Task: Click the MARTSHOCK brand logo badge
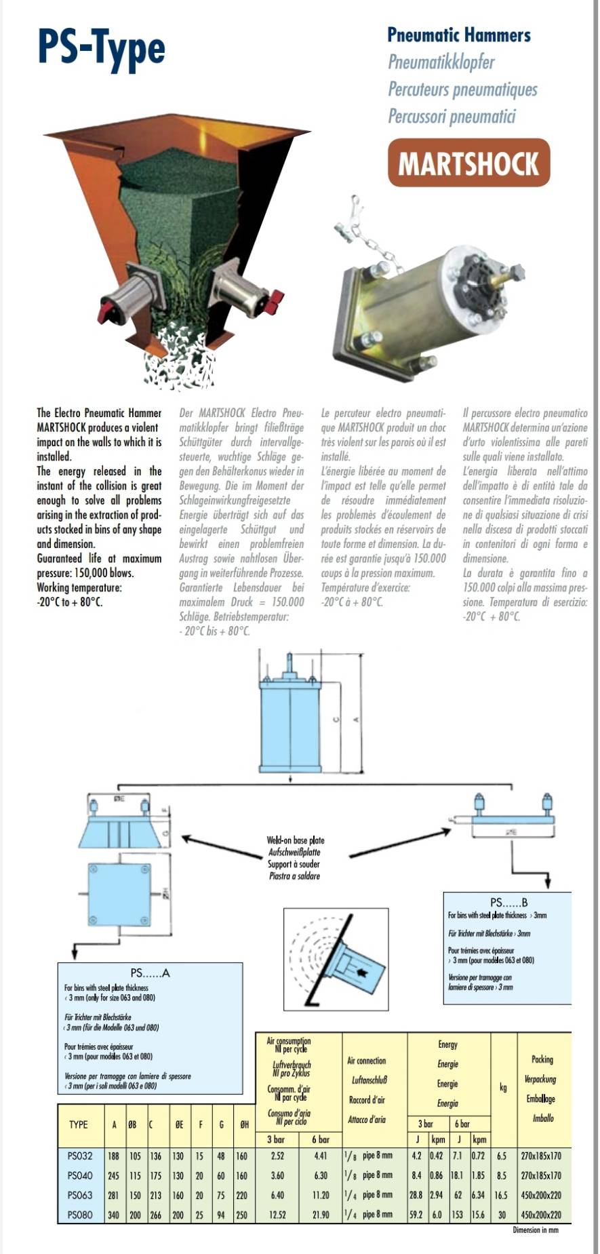tap(468, 163)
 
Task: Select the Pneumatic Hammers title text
tap(458, 35)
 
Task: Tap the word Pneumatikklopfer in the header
tap(441, 62)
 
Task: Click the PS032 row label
tap(80, 1155)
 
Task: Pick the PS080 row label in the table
tap(80, 1215)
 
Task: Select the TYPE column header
tap(79, 1124)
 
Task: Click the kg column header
tap(503, 1087)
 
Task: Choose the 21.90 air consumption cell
tap(321, 1215)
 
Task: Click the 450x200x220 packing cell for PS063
tap(542, 1195)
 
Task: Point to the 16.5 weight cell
tap(502, 1195)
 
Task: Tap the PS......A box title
tap(150, 973)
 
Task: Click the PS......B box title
tap(508, 902)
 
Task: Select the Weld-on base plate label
tap(296, 841)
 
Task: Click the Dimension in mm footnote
tap(536, 1230)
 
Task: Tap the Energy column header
tap(447, 1044)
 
